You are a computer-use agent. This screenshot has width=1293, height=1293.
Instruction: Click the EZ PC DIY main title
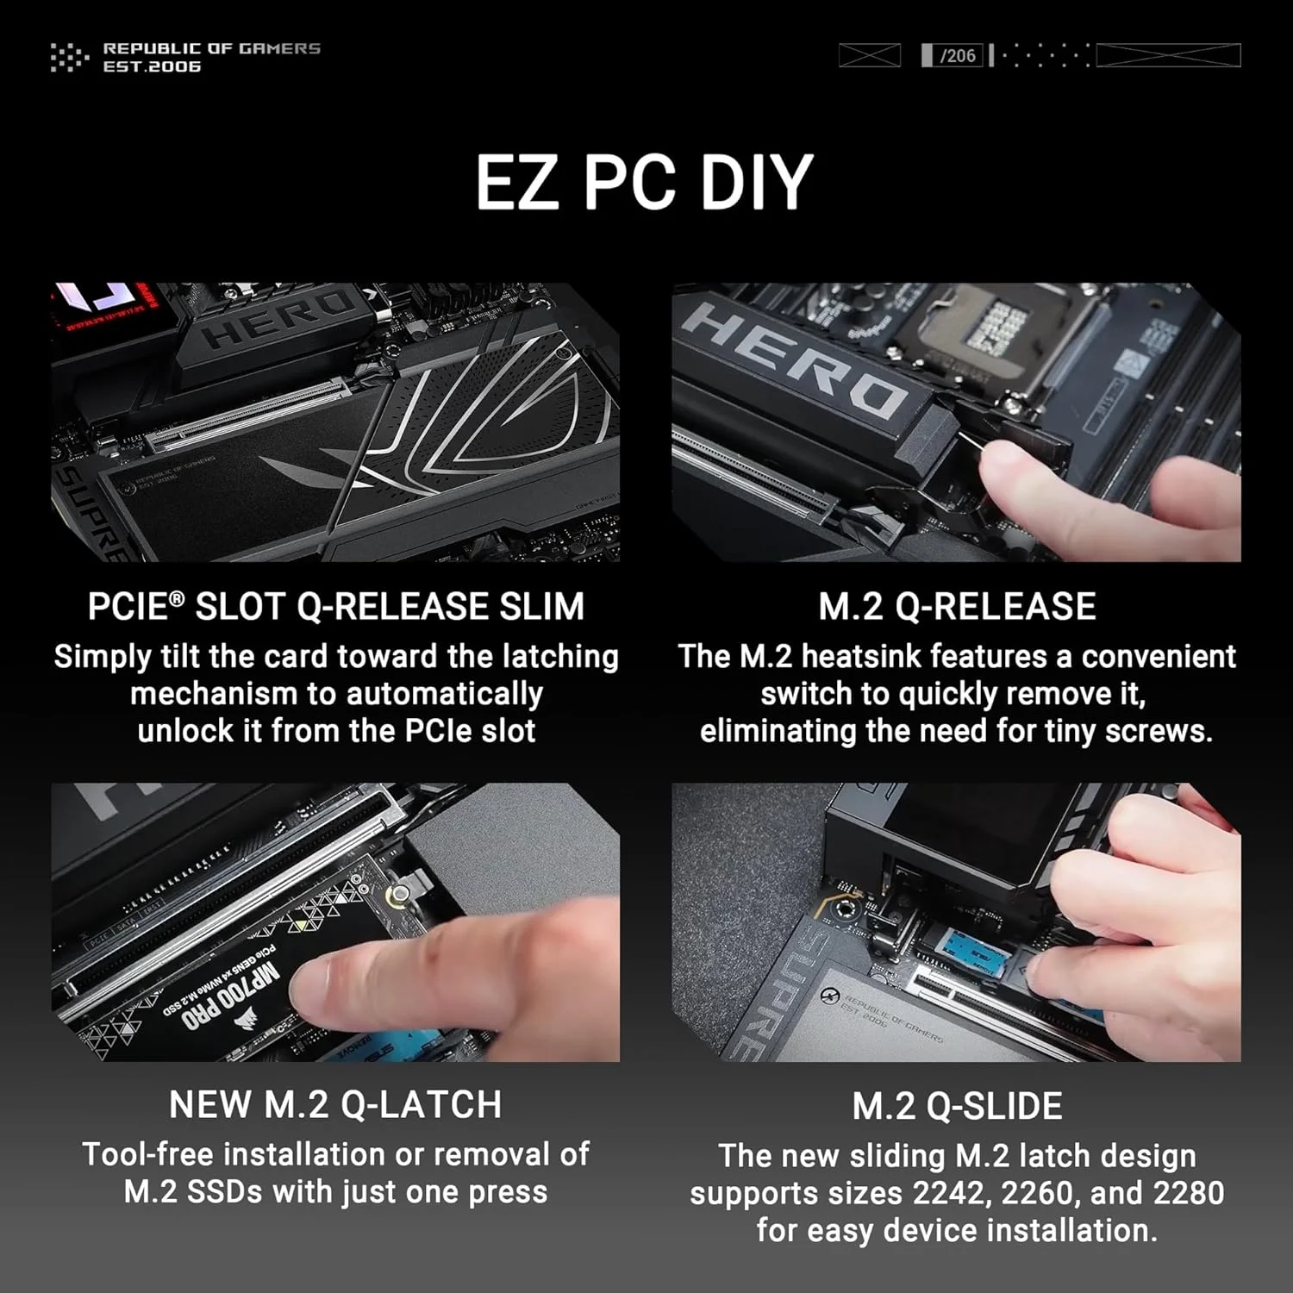(x=645, y=183)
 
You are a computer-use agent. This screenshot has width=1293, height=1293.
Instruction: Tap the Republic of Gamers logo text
(x=211, y=57)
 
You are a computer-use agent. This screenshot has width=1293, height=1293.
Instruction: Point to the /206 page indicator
(x=957, y=56)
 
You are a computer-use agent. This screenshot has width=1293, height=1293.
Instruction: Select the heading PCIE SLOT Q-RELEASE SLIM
(x=336, y=607)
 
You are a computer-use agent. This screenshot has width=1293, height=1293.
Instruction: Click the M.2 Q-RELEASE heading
(x=957, y=607)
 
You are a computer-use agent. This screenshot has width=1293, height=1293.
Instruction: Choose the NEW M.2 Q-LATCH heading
(x=335, y=1105)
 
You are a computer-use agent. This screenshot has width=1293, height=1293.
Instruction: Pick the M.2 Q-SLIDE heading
(x=957, y=1107)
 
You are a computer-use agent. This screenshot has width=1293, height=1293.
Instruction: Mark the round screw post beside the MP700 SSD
(x=398, y=897)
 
